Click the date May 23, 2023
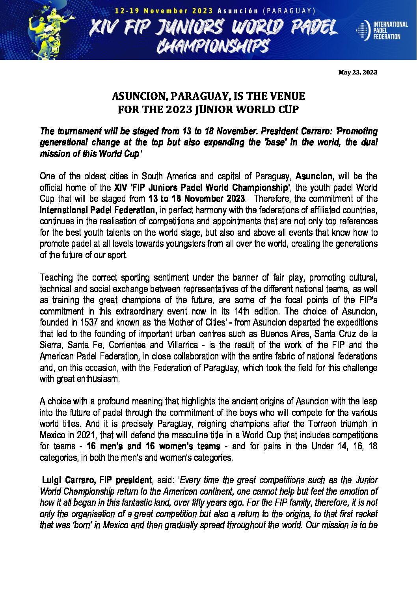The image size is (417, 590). [x=357, y=73]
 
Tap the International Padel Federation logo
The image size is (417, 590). [x=382, y=30]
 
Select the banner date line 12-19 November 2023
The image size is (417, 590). [x=164, y=11]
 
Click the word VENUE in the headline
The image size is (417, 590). [x=287, y=96]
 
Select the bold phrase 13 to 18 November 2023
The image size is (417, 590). [x=197, y=199]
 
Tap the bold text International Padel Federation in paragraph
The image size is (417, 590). [x=97, y=210]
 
